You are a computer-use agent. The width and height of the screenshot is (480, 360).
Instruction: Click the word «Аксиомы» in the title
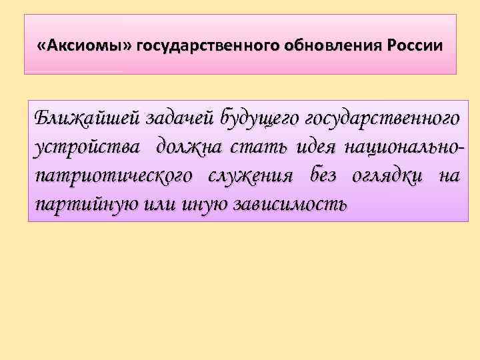[x=86, y=46]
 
